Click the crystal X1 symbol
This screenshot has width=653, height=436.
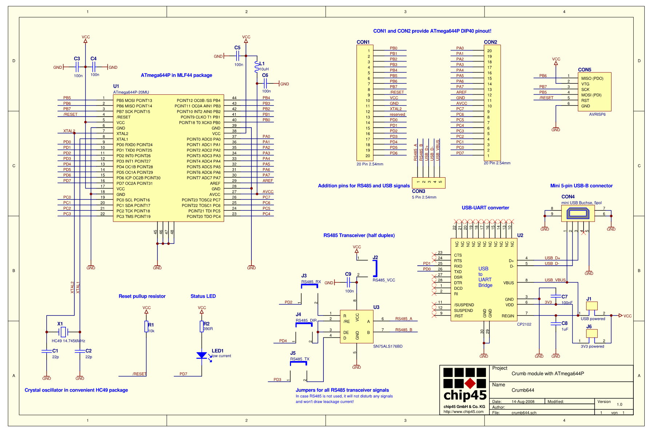point(63,332)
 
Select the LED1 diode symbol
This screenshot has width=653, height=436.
point(202,356)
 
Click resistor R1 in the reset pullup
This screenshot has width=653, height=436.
point(146,327)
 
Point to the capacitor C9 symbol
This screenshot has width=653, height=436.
point(348,282)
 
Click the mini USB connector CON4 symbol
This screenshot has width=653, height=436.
point(578,213)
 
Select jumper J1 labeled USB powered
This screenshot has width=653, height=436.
point(592,306)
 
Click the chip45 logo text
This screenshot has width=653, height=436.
point(465,395)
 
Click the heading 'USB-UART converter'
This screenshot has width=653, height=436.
point(485,208)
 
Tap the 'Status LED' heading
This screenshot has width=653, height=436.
point(203,296)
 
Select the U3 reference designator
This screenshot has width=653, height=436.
point(376,307)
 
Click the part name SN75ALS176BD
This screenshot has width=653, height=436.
point(388,346)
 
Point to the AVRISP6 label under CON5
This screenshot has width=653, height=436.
point(597,114)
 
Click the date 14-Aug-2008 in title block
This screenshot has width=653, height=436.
point(523,402)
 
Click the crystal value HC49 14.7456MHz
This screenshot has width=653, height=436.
point(68,341)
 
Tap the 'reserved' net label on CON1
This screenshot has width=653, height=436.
point(397,114)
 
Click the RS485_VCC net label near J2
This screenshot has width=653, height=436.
point(384,280)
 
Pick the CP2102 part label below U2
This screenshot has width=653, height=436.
point(524,324)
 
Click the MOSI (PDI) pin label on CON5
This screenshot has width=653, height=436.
point(591,95)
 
